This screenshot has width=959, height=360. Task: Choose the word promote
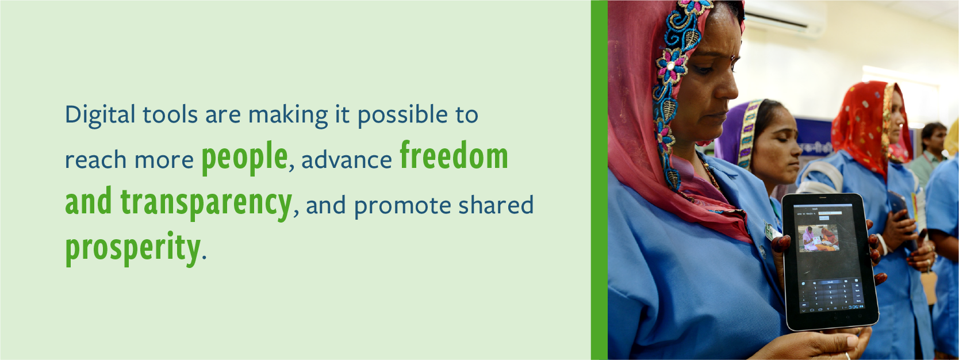click(402, 205)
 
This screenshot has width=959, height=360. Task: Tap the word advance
click(347, 160)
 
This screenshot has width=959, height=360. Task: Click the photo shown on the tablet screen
click(818, 238)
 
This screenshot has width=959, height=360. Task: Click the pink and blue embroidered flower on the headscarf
click(672, 65)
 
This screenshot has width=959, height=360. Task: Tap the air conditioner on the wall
click(785, 17)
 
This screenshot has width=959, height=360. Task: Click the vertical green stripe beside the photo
click(599, 180)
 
